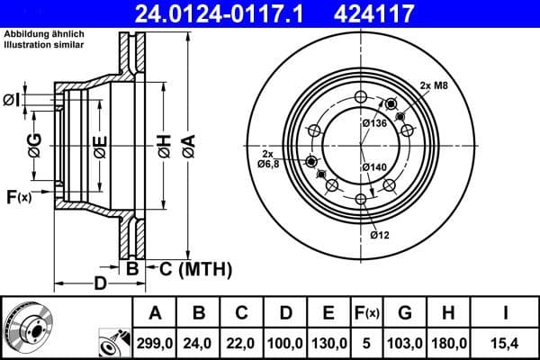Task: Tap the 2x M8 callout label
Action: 434,85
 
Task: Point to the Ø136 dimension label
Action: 373,123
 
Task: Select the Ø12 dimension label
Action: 379,236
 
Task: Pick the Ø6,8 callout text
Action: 269,165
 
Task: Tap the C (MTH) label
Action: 196,268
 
